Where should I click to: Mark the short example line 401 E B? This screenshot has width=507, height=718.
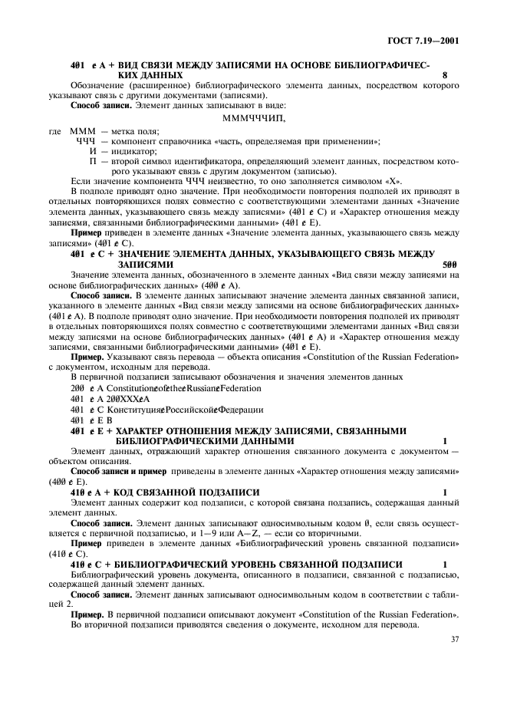click(x=91, y=420)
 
